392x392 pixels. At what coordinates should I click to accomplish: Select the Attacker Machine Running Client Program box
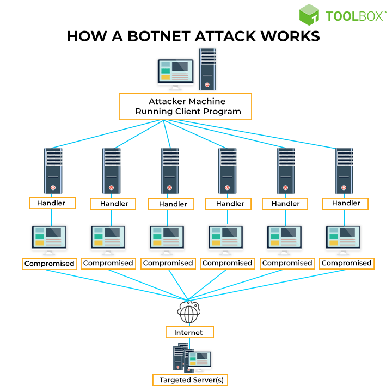[185, 107]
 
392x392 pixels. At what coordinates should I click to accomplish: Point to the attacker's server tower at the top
[207, 69]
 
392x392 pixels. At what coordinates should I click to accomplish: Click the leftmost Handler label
[52, 203]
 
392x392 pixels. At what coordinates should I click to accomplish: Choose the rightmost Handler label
[345, 203]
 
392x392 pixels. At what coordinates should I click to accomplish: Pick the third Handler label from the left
[173, 204]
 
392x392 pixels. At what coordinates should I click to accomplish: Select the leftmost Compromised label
[49, 264]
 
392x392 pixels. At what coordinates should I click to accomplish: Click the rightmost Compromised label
[346, 263]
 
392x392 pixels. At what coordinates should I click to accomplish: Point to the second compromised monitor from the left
[108, 238]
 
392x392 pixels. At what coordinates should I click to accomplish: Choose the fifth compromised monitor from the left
[284, 238]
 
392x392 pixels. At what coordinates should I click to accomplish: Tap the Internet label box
[188, 332]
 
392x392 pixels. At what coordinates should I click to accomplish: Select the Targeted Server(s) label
[190, 379]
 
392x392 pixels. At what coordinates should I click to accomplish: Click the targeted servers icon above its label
[191, 358]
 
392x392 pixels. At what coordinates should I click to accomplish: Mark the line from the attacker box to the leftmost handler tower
[109, 134]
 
